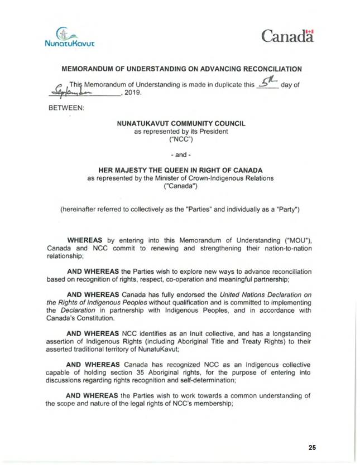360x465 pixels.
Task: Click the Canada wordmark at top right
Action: pyautogui.click(x=287, y=37)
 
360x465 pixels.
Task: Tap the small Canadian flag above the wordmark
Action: pyautogui.click(x=311, y=31)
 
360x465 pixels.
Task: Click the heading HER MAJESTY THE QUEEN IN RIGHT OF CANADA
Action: pyautogui.click(x=180, y=171)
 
